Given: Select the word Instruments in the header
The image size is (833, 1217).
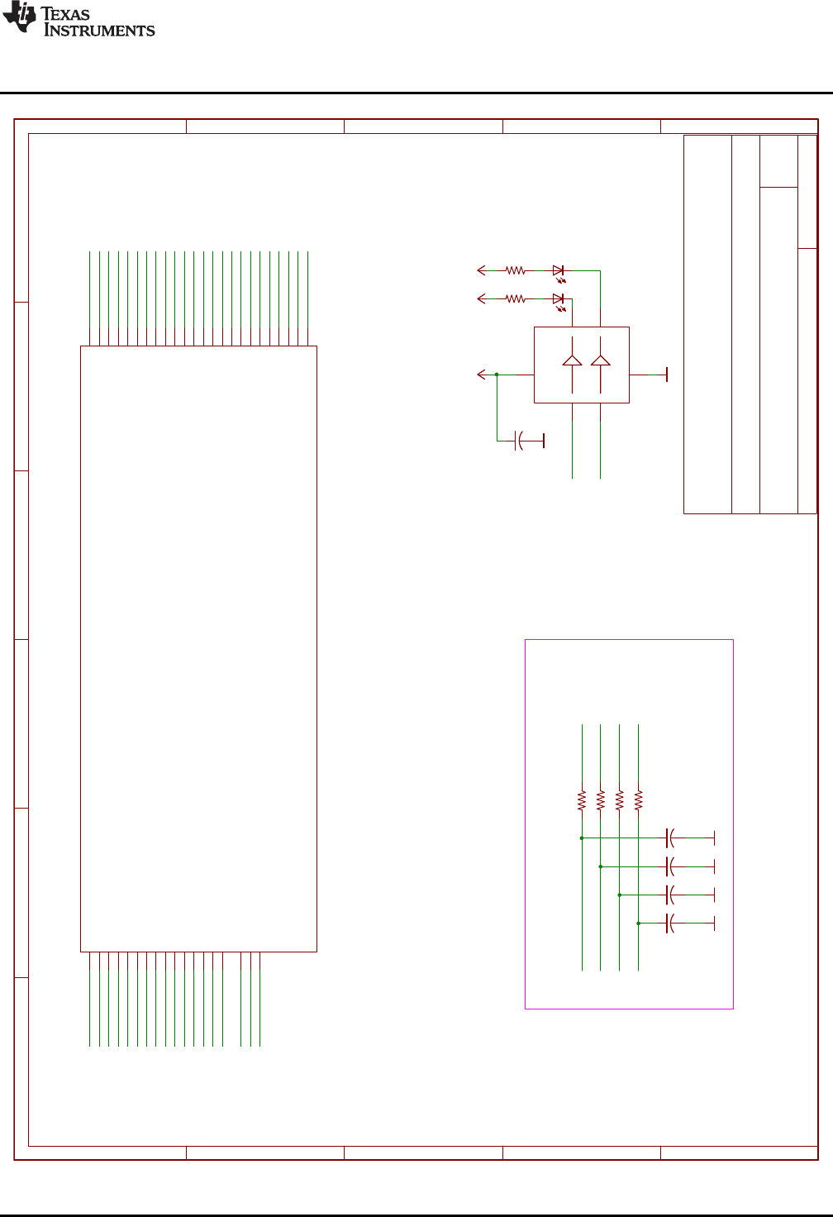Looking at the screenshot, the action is pyautogui.click(x=99, y=31).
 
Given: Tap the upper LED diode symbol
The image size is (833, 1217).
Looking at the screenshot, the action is pyautogui.click(x=558, y=270).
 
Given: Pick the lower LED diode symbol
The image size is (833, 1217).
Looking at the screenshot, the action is pyautogui.click(x=558, y=298).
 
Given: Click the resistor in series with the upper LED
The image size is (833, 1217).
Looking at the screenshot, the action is pyautogui.click(x=516, y=270).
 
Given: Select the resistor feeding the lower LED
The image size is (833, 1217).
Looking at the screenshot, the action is pyautogui.click(x=516, y=298).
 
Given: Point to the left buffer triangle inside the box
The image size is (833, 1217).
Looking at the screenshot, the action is pyautogui.click(x=572, y=360).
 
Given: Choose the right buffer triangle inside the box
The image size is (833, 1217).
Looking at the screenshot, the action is pyautogui.click(x=601, y=360).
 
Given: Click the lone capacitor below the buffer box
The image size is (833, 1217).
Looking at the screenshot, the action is pyautogui.click(x=519, y=441).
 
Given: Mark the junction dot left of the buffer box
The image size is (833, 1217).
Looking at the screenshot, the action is pyautogui.click(x=497, y=375).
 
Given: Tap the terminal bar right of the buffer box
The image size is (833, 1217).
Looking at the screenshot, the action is pyautogui.click(x=666, y=375).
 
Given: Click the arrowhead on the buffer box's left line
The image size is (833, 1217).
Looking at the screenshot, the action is pyautogui.click(x=481, y=375).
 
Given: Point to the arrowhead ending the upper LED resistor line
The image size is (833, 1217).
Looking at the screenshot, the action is pyautogui.click(x=481, y=270).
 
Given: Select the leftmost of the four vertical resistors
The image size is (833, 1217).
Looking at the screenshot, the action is pyautogui.click(x=582, y=799).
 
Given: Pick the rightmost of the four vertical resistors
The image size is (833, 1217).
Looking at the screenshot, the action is pyautogui.click(x=638, y=799).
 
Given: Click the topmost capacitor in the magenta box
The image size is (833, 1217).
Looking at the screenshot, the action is pyautogui.click(x=669, y=838).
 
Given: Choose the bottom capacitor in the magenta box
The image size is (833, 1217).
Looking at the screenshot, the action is pyautogui.click(x=669, y=923).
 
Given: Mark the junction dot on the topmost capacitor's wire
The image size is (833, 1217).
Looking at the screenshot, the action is pyautogui.click(x=582, y=838).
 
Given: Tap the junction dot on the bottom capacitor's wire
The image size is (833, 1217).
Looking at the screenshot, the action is pyautogui.click(x=638, y=923).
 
